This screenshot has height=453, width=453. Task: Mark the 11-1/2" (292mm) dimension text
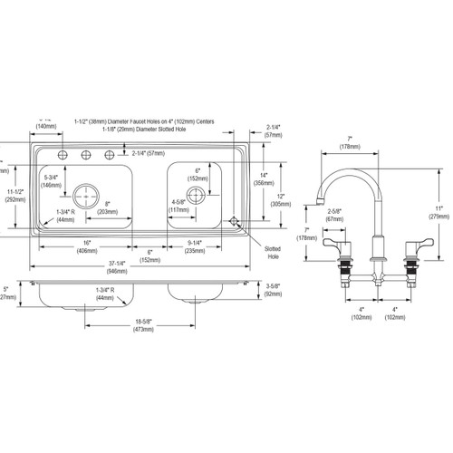(13, 191)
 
